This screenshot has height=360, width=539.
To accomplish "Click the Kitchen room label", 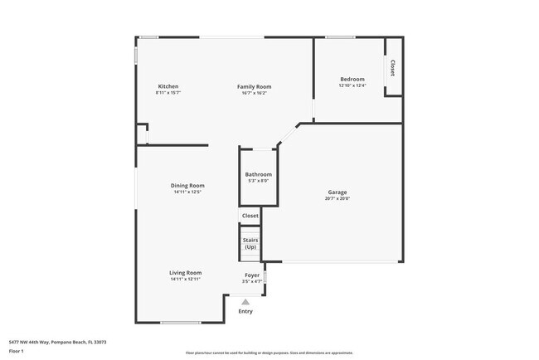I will coord(168,86).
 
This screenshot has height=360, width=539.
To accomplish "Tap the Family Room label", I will coord(254,86).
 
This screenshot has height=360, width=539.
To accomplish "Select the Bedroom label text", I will coord(352,79).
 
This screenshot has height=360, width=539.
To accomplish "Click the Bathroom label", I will coord(258,174).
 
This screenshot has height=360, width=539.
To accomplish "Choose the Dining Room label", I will coord(187,185).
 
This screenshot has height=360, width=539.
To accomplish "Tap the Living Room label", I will coord(187,272).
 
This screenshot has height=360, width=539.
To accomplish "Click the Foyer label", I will coord(253,275).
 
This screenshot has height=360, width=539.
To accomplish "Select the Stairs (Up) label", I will coord(250,244).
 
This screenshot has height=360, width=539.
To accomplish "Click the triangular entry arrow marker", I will coord(245,302).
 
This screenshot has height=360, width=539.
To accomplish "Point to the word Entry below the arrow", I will coord(245,311).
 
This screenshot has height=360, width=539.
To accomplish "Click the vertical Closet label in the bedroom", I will coord(392,68).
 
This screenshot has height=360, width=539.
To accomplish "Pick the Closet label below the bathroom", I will coord(250,216).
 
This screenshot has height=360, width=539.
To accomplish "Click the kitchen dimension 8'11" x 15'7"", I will coord(168,93).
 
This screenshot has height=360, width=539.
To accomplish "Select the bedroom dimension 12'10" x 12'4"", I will coord(352,85).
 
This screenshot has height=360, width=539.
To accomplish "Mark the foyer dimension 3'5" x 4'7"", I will coord(253,281).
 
